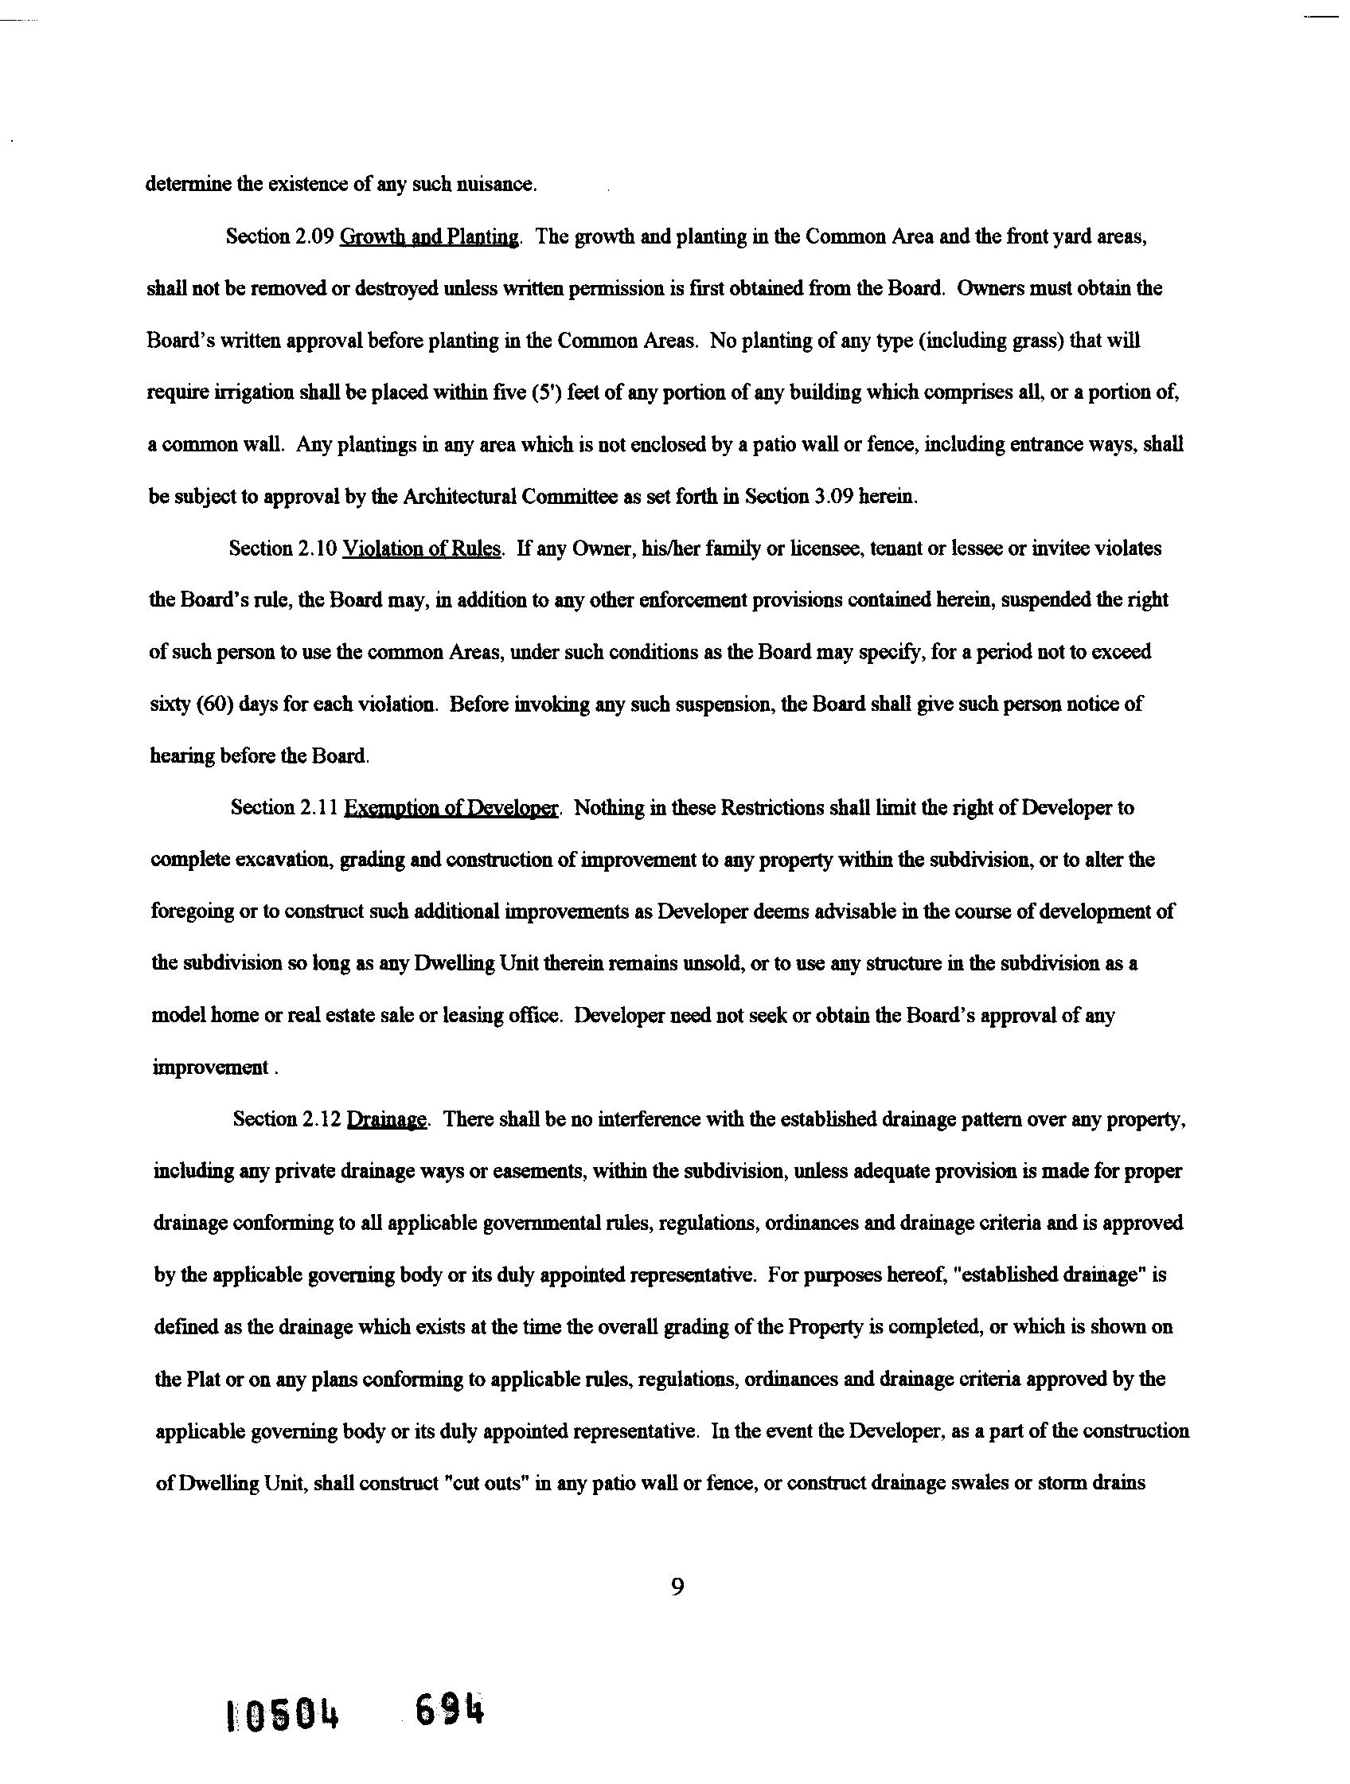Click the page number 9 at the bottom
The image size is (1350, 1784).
coord(677,1587)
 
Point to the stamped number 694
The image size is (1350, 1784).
coord(450,1710)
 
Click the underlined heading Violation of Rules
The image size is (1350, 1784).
coord(423,549)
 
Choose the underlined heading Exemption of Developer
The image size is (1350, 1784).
coord(451,808)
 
